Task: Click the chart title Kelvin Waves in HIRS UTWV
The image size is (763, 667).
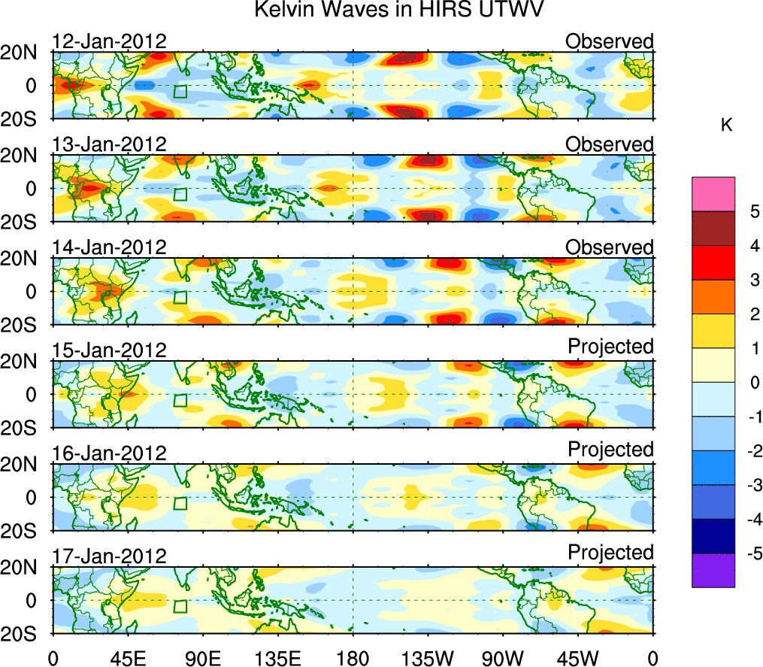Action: (x=398, y=11)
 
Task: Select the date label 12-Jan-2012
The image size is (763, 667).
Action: (x=109, y=41)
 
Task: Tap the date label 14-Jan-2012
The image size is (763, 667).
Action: (x=109, y=247)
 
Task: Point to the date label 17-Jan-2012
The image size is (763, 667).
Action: (x=109, y=556)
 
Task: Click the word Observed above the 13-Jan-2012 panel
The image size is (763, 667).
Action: (x=610, y=144)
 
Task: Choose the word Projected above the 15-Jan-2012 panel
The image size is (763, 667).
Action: (x=610, y=346)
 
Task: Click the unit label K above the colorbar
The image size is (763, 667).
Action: (x=726, y=126)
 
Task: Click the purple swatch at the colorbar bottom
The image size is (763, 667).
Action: (x=713, y=570)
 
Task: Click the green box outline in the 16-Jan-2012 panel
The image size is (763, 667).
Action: (x=180, y=503)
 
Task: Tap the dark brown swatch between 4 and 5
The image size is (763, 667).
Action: (x=713, y=228)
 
